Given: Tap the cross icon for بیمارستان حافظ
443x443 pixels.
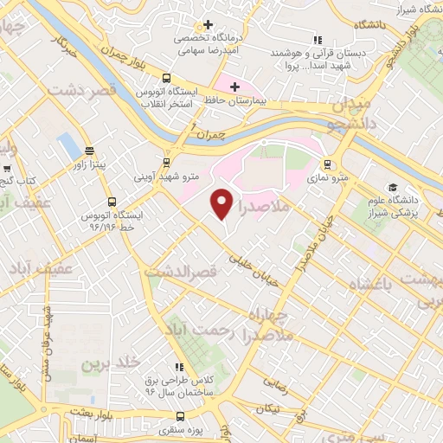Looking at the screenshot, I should [234, 87].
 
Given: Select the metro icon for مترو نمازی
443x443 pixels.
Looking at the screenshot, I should [327, 164].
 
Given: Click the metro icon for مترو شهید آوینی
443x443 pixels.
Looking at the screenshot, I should [166, 162].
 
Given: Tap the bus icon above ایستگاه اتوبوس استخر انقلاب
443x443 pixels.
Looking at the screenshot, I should [167, 75].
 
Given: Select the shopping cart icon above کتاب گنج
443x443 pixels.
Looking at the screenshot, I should [8, 169].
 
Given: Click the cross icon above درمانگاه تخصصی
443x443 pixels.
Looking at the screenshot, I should [207, 24].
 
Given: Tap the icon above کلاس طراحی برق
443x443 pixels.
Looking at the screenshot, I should [179, 367].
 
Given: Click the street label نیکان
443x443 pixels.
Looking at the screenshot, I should [274, 409].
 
